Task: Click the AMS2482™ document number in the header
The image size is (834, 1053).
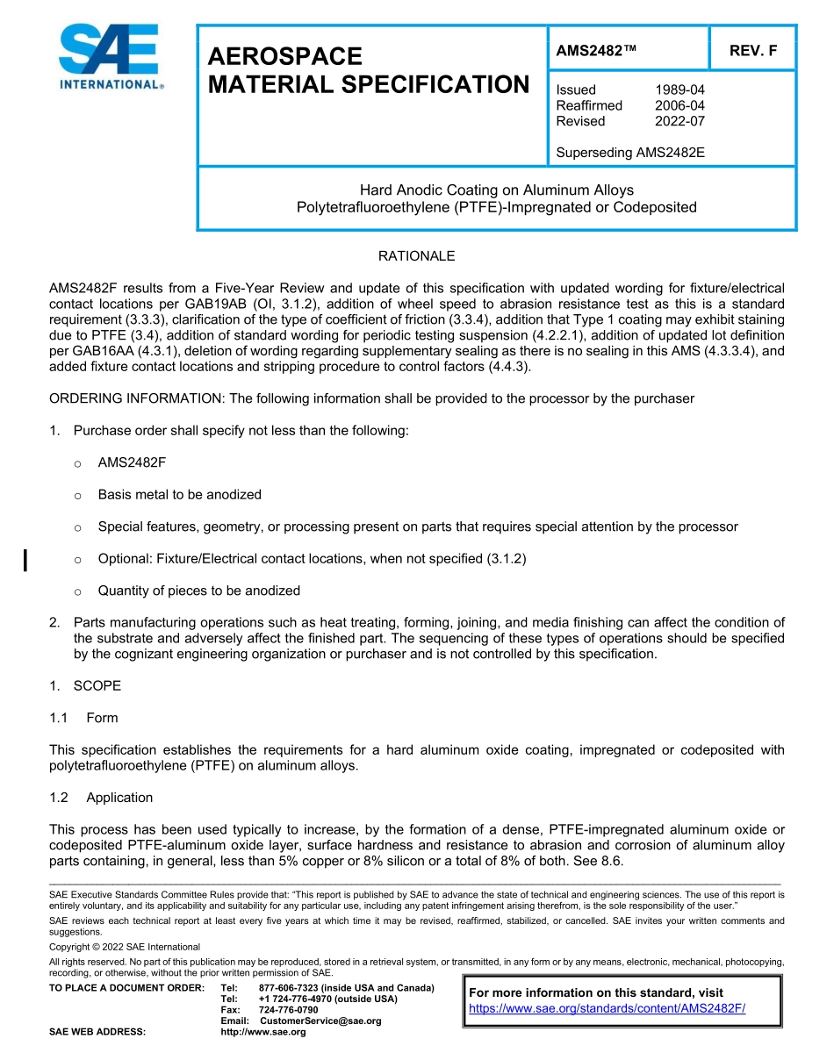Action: [596, 51]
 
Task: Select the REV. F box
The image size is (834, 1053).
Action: [752, 51]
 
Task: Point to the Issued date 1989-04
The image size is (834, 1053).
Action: [679, 90]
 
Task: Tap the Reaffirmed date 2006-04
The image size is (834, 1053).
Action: [679, 105]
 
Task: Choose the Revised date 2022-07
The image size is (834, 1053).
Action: [679, 121]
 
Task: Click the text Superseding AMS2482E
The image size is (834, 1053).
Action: [630, 153]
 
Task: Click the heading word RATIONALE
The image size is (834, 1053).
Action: [416, 256]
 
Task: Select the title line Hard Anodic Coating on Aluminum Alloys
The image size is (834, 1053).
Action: [496, 190]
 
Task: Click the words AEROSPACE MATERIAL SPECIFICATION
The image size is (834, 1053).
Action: [368, 70]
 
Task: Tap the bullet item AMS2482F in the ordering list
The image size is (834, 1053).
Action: [132, 462]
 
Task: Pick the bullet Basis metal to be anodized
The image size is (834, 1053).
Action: [179, 495]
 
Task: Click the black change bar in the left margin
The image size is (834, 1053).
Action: [25, 560]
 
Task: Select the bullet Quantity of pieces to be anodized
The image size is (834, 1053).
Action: [198, 591]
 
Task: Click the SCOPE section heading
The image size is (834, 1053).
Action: [97, 685]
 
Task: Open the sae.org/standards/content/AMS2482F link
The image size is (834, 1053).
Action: [607, 1008]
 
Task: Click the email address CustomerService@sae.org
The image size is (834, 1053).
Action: [320, 1021]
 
